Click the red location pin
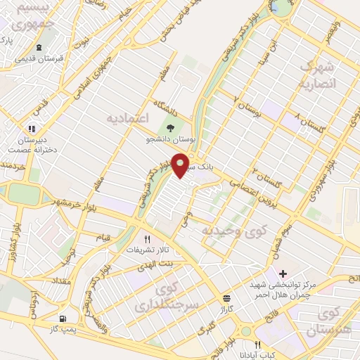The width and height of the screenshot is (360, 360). pyautogui.click(x=181, y=165)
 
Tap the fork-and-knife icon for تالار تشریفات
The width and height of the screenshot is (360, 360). pyautogui.click(x=148, y=239)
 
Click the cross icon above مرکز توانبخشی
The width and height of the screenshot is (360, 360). pyautogui.click(x=283, y=274)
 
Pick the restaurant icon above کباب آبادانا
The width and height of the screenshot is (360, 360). pyautogui.click(x=257, y=345)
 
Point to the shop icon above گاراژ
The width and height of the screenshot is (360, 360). pyautogui.click(x=226, y=298)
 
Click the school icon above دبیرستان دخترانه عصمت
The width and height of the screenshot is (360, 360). pyautogui.click(x=31, y=129)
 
